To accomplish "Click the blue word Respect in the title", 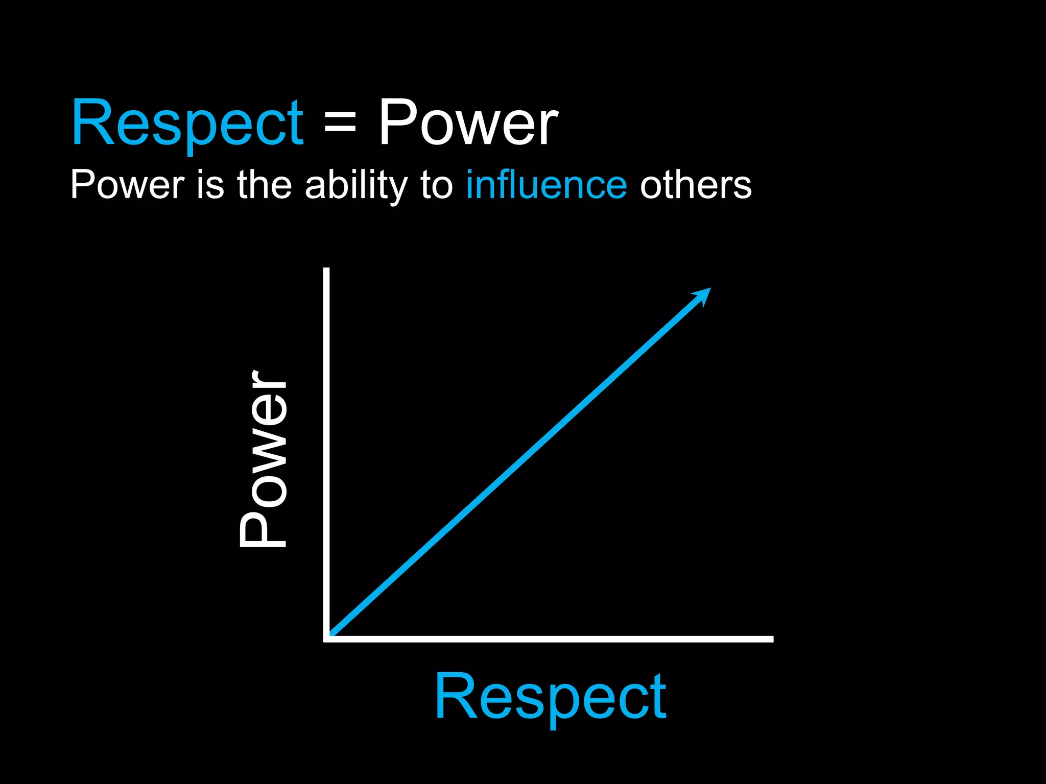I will (187, 124).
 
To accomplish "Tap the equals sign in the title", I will (340, 124).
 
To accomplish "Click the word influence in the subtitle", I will (546, 185).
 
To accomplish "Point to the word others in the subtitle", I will (696, 185).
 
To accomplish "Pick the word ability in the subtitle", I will (356, 186).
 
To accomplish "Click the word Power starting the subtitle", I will (127, 185).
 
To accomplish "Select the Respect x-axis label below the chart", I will (550, 697).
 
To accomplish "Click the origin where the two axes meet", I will (327, 639).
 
